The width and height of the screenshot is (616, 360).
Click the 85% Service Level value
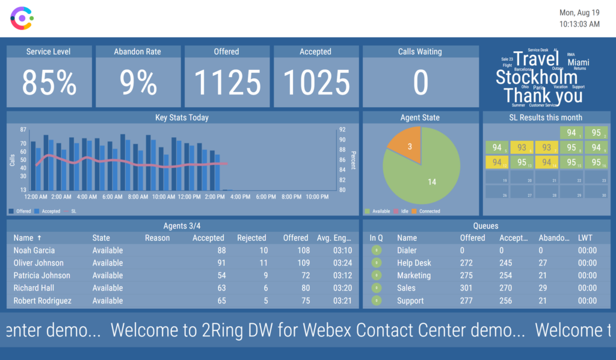click(x=49, y=83)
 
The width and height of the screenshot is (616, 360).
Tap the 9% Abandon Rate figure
click(x=138, y=83)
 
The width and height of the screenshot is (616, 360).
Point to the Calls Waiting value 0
click(x=420, y=83)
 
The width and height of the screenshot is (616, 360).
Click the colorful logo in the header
click(x=22, y=18)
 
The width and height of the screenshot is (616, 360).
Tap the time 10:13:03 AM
click(x=579, y=24)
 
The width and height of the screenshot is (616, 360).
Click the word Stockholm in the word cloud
click(x=536, y=77)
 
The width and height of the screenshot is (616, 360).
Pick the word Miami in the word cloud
click(x=578, y=63)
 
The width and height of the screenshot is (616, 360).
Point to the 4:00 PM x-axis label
click(x=241, y=197)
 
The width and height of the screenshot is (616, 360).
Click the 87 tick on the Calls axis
click(x=23, y=130)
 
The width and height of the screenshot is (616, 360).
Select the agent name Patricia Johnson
click(x=42, y=276)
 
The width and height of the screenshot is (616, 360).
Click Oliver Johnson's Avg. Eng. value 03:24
click(x=342, y=263)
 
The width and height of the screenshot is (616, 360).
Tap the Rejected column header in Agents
click(x=251, y=238)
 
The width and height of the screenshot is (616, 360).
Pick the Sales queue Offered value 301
click(x=467, y=288)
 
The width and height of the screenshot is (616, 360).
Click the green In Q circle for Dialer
click(x=377, y=250)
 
